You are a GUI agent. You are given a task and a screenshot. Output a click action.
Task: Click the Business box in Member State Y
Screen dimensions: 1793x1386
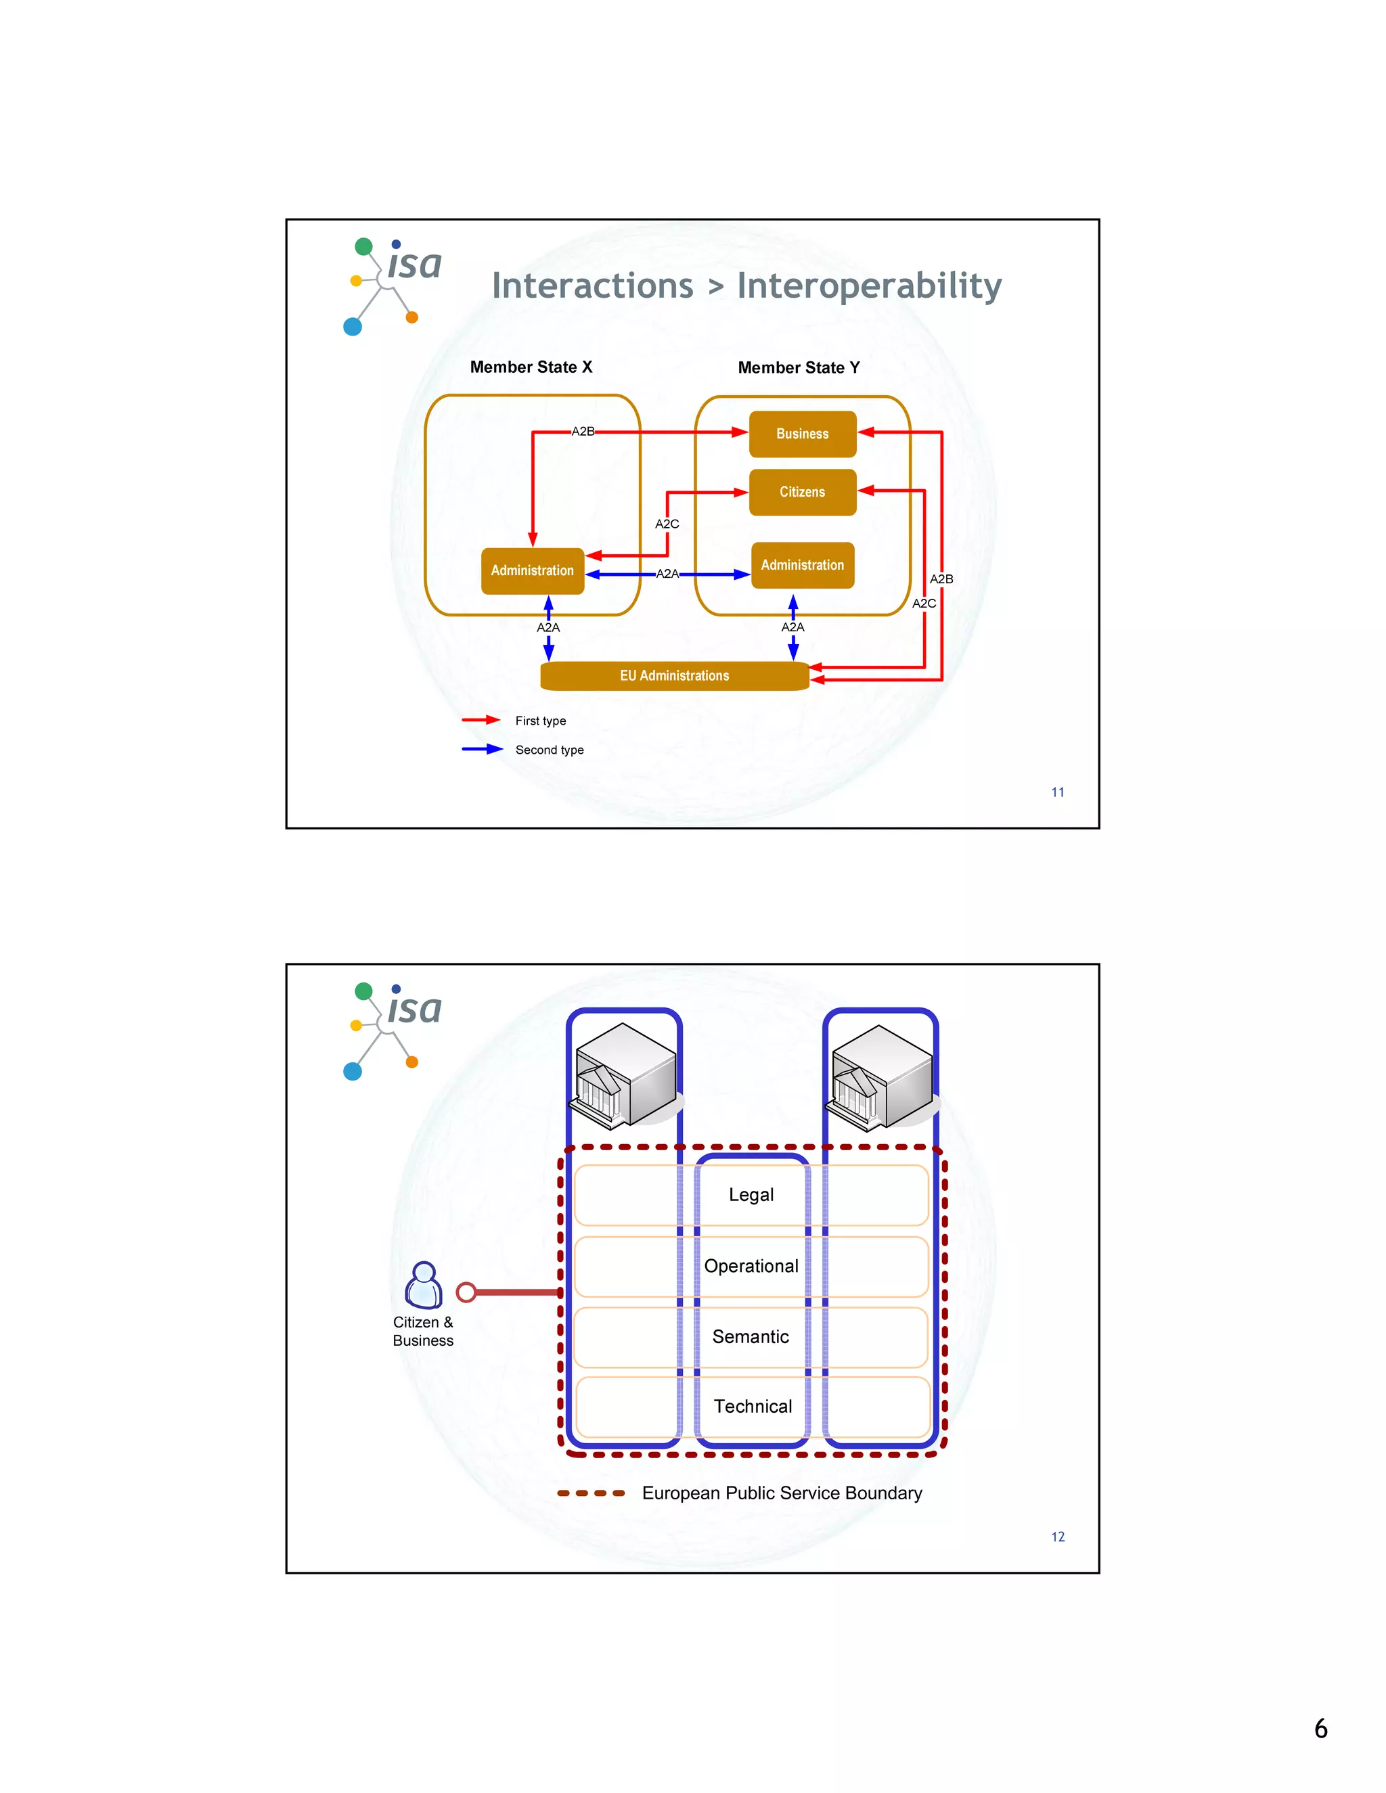click(x=802, y=434)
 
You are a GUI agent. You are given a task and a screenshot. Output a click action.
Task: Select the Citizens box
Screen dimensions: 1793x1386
click(x=802, y=492)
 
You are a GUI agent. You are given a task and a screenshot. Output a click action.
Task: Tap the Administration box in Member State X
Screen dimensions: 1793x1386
click(x=532, y=570)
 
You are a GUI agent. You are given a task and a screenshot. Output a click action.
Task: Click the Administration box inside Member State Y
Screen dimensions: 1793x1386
click(x=802, y=565)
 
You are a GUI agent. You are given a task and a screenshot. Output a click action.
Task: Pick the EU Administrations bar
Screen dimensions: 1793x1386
click(x=674, y=676)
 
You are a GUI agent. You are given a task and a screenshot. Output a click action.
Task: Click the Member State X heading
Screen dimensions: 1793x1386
click(x=531, y=367)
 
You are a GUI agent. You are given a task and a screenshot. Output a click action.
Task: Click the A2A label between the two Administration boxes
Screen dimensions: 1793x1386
click(x=667, y=574)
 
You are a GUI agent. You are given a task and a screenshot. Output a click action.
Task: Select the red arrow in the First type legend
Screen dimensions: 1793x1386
click(x=481, y=720)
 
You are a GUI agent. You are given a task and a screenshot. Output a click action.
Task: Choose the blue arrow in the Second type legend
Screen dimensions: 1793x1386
click(x=481, y=749)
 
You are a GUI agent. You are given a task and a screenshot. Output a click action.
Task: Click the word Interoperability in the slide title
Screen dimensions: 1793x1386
click(x=869, y=286)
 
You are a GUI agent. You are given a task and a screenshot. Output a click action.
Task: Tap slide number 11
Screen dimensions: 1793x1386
click(x=1058, y=792)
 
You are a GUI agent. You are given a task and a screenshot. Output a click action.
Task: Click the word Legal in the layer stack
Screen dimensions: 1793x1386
click(x=751, y=1194)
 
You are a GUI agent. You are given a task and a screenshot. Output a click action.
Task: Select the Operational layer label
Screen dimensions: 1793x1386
click(x=751, y=1266)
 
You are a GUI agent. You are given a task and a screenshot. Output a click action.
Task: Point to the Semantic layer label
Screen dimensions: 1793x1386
click(x=751, y=1336)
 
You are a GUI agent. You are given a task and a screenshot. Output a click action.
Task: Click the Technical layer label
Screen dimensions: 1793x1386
click(x=752, y=1407)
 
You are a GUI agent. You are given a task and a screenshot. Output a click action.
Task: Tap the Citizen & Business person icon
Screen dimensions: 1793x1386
click(x=424, y=1285)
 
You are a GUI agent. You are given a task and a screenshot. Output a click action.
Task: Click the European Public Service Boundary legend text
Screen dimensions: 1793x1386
click(x=782, y=1493)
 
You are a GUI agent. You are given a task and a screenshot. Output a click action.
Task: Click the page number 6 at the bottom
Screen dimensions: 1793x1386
click(x=1320, y=1728)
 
